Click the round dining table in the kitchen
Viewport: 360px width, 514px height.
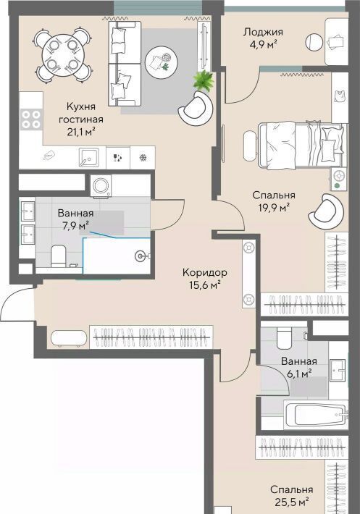62,55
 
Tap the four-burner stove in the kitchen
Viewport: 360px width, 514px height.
31,119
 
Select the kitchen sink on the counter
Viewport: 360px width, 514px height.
88,157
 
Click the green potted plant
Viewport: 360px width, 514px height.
204,80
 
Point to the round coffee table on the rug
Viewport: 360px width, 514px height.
162,62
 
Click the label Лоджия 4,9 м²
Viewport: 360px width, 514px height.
263,38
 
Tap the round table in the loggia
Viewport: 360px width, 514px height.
314,42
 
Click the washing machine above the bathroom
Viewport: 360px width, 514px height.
101,185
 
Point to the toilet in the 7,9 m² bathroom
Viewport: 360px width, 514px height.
59,256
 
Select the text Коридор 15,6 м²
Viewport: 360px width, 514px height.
204,279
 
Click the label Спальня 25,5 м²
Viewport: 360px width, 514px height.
291,495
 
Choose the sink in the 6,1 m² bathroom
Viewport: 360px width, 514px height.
338,370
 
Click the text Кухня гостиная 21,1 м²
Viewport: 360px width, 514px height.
80,119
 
